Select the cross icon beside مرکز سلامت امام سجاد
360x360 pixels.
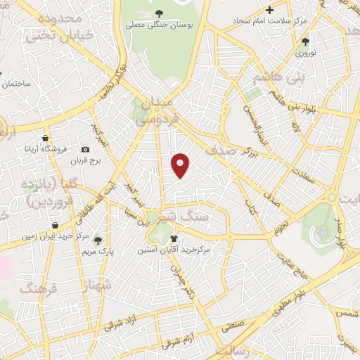pyautogui.click(x=269, y=9)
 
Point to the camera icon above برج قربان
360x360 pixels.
pyautogui.click(x=86, y=149)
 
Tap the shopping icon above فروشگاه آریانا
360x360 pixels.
pyautogui.click(x=46, y=137)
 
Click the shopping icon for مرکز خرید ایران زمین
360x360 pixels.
pyautogui.click(x=55, y=226)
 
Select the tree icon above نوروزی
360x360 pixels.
pyautogui.click(x=304, y=41)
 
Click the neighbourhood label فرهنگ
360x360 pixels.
pyautogui.click(x=36, y=289)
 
